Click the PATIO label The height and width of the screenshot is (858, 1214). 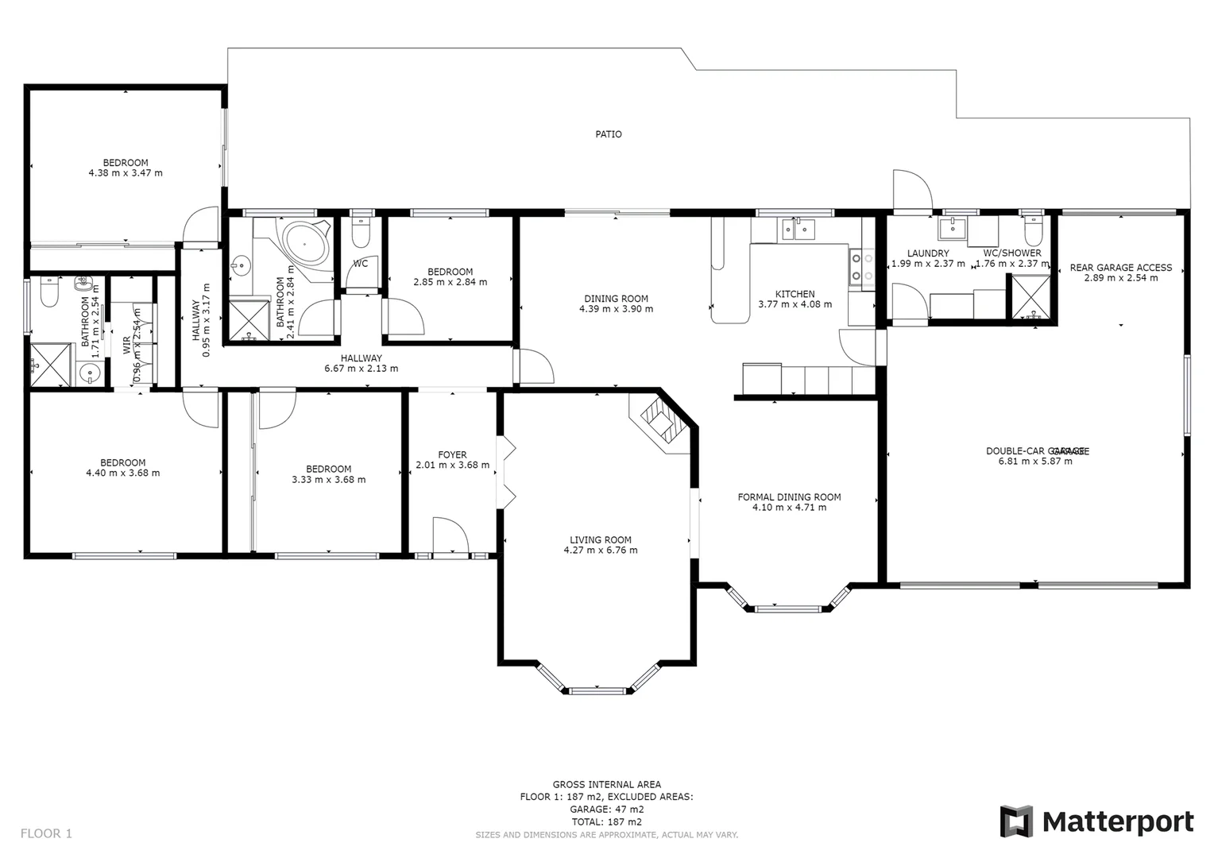pos(609,134)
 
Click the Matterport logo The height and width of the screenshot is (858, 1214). pos(1096,821)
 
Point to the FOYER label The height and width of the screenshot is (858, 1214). pos(452,455)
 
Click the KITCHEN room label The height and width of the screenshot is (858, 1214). pos(795,294)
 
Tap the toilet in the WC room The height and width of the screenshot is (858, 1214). pos(361,234)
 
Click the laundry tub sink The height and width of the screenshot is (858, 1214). pos(952,229)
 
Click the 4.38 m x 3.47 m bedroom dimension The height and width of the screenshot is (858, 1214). pos(126,173)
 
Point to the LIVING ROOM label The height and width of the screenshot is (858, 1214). pos(601,539)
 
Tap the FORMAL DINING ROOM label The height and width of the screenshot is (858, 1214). pos(789,497)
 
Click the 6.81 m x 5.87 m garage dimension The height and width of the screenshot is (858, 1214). pos(1034,461)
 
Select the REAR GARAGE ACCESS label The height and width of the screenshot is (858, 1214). pos(1120,268)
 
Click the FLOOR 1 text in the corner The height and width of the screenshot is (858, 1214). pos(46,833)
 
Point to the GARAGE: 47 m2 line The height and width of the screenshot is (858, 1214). pos(607,810)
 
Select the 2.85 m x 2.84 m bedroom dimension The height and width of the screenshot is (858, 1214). pos(450,282)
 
